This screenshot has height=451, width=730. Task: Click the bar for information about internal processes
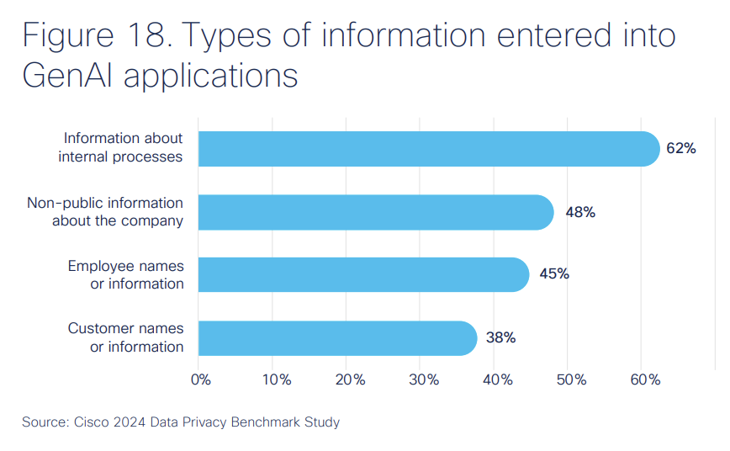[x=429, y=149]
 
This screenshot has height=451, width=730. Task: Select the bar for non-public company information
[x=376, y=212]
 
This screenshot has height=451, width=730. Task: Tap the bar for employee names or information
[x=363, y=274]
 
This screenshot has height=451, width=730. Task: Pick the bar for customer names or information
[x=337, y=337]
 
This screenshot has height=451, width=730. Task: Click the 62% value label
[x=680, y=149]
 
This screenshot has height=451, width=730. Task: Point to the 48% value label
[x=580, y=212]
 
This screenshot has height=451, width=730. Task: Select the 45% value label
[x=554, y=274]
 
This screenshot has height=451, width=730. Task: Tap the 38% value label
[x=500, y=337]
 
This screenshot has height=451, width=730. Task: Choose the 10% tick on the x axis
[x=276, y=379]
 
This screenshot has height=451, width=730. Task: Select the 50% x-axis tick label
[x=571, y=379]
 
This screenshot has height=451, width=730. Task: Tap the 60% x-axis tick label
[x=645, y=379]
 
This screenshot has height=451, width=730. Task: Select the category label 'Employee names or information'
[x=125, y=274]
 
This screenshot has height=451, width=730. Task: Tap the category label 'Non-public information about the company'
[x=105, y=212]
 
